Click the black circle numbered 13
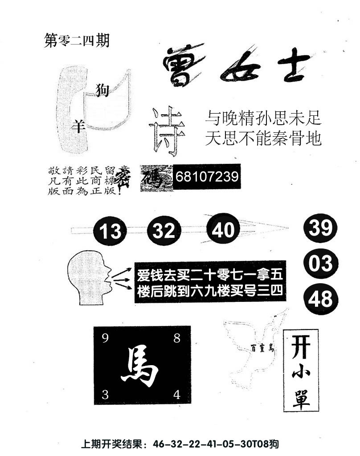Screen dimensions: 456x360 click(x=110, y=231)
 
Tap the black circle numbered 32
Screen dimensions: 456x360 click(x=164, y=231)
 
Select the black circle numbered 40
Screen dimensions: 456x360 click(x=223, y=230)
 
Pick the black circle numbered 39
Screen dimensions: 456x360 click(x=321, y=228)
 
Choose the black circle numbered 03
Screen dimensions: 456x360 click(x=321, y=263)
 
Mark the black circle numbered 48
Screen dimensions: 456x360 click(x=321, y=298)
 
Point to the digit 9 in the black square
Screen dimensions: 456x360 click(x=105, y=339)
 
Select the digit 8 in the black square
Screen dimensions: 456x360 click(x=176, y=338)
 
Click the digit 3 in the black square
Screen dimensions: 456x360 click(x=105, y=395)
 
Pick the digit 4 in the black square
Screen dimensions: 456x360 click(x=176, y=395)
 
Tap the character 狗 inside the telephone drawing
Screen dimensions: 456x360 click(x=103, y=90)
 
